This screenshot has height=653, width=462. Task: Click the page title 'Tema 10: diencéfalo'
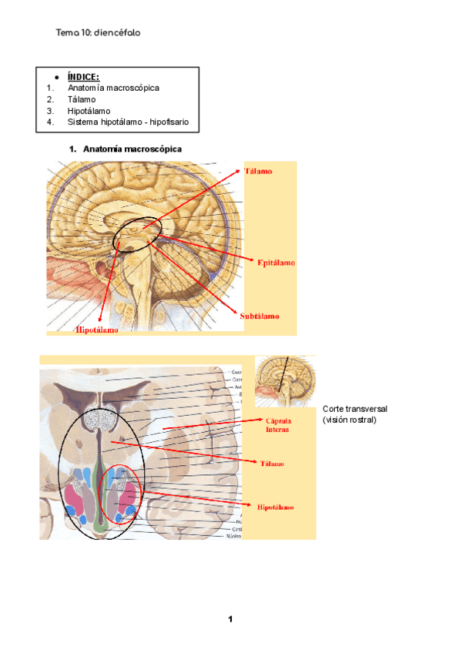coord(98,33)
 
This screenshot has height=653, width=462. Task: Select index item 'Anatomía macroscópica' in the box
coord(113,88)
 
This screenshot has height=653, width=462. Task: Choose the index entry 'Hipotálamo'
coord(89,111)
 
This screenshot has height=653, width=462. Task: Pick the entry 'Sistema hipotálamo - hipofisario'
coord(127,122)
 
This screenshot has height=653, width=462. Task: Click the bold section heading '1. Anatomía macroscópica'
coord(126,149)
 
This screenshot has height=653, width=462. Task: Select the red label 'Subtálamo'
coord(259,316)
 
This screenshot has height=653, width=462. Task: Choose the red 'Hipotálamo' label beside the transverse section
coord(276,507)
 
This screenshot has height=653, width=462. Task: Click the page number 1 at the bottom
coord(229,619)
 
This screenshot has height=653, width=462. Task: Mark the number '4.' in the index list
coord(50,122)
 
